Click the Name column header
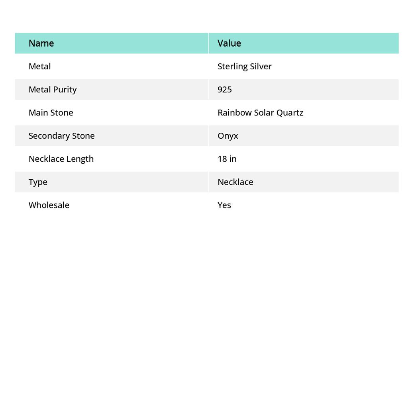point(41,43)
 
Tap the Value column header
point(229,43)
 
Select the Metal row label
point(39,66)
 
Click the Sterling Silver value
point(244,66)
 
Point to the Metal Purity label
point(53,89)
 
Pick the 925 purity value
point(225,89)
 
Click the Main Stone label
point(51,112)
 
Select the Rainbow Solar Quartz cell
point(260,112)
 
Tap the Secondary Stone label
point(61,135)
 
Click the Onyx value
point(228,135)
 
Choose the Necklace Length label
point(61,159)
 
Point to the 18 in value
point(227,159)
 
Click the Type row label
point(38,182)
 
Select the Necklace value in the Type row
point(235,182)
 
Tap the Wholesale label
point(49,205)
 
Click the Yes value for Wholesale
point(224,205)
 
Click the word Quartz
point(290,112)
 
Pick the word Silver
point(261,66)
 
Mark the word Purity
point(65,89)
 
